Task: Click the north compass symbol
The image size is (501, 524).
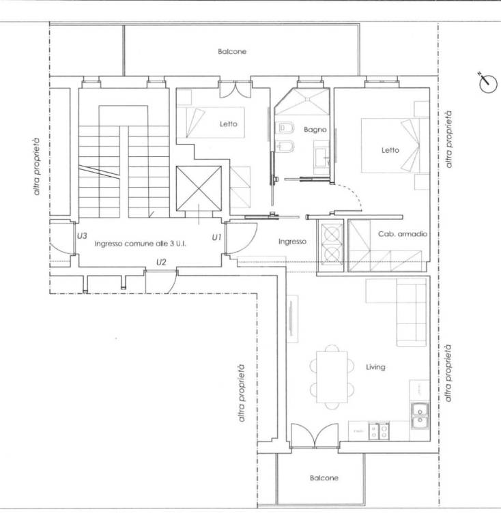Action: [x=487, y=83]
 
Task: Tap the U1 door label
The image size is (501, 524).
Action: [x=216, y=237]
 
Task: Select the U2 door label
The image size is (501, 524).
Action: [x=161, y=262]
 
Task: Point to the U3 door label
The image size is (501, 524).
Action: [x=82, y=236]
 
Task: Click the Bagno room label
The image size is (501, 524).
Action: [x=315, y=130]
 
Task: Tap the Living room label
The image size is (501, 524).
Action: [x=375, y=367]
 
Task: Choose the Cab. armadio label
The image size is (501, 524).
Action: [x=403, y=234]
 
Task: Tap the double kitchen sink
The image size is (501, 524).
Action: [x=420, y=416]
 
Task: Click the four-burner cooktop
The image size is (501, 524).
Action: [x=379, y=431]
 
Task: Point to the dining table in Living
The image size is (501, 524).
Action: [x=332, y=377]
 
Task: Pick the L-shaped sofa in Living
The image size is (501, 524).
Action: [x=397, y=311]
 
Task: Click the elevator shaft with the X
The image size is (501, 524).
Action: [x=199, y=189]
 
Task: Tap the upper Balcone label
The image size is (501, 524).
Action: [x=232, y=51]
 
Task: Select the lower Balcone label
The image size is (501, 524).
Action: [x=324, y=478]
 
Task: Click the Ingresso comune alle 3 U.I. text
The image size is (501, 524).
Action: [x=140, y=244]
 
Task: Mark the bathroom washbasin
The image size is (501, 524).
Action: [x=321, y=158]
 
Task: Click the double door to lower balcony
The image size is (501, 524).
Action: [x=315, y=436]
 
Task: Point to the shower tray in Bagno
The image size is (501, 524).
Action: [x=302, y=102]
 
